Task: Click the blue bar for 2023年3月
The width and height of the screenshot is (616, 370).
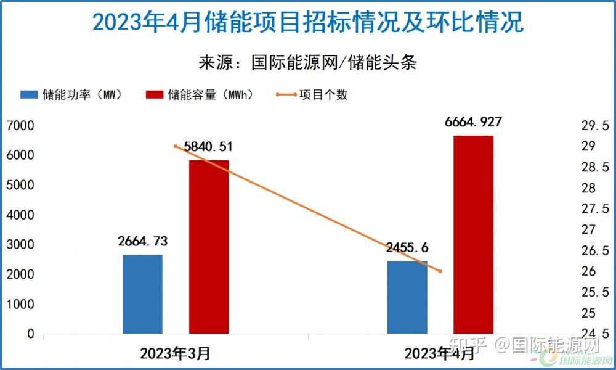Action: pos(143,294)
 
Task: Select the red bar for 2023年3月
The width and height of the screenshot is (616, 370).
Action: pos(209,247)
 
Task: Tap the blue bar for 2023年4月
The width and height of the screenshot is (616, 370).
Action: pos(407,297)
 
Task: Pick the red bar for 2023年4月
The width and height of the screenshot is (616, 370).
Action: pos(473,234)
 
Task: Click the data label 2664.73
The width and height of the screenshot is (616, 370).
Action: pos(143,241)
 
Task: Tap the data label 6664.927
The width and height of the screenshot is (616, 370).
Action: pos(473,122)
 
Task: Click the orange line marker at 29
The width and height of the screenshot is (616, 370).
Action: pos(176,146)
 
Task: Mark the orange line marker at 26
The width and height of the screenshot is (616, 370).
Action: pos(440,271)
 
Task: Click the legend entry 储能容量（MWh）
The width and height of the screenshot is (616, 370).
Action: pos(200,95)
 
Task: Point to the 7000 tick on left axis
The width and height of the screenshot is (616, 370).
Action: pos(22,126)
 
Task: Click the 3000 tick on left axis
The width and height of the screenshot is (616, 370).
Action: pos(22,245)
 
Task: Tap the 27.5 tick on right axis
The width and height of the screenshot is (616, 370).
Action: pos(594,209)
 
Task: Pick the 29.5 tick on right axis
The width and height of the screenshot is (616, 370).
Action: pos(594,126)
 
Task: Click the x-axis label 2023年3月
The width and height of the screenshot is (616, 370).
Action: pos(176,354)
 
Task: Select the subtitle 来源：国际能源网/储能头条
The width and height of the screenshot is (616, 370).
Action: pos(308,63)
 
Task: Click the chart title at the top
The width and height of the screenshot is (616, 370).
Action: pos(308,23)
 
